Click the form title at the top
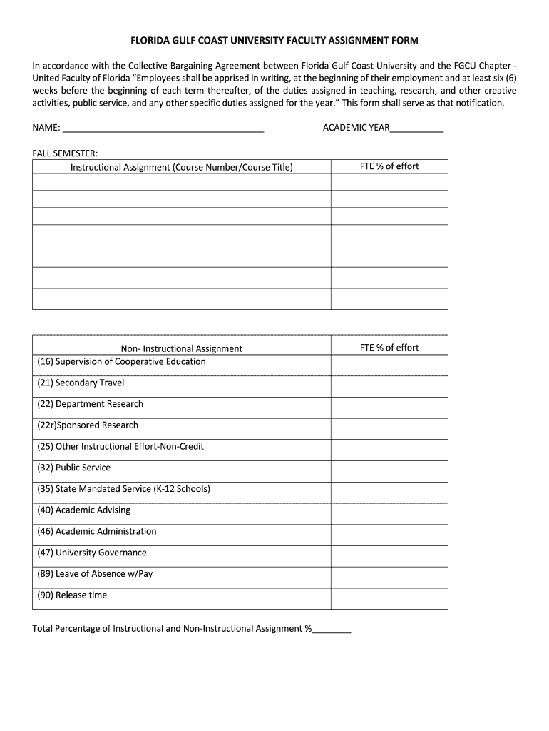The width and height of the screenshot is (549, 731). (x=274, y=41)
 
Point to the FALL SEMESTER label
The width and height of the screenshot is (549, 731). (x=65, y=153)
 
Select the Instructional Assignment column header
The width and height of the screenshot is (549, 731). (x=181, y=167)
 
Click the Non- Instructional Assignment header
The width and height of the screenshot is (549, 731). (x=181, y=348)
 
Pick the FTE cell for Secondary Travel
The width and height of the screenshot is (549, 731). (x=389, y=386)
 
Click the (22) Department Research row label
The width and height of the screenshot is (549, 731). (x=90, y=404)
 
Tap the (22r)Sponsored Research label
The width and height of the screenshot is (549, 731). (x=88, y=425)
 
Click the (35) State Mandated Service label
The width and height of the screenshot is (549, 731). (x=123, y=489)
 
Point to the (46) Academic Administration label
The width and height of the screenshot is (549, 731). (x=96, y=531)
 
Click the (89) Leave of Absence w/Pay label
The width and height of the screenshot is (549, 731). (x=95, y=574)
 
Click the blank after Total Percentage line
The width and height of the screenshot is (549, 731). (x=332, y=630)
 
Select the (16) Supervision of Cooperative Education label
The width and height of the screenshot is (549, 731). (x=121, y=361)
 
